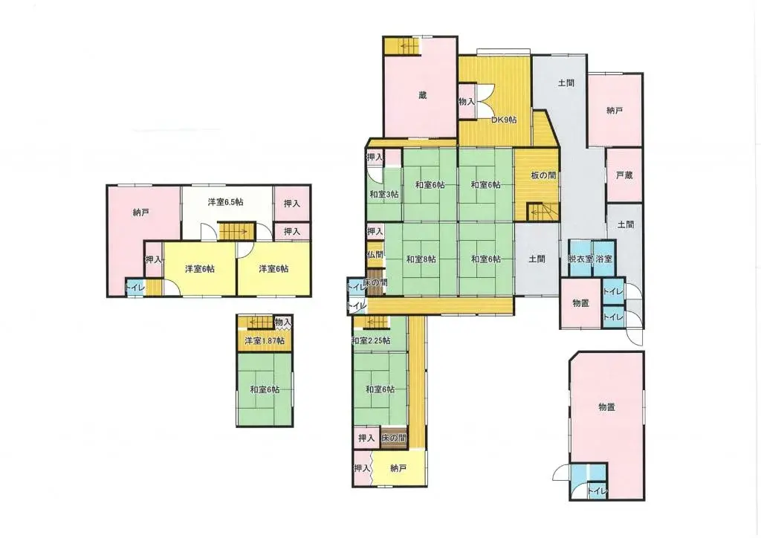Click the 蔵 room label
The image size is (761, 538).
pyautogui.click(x=422, y=95)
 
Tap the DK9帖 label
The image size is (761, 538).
pyautogui.click(x=504, y=120)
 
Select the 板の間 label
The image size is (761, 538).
pyautogui.click(x=542, y=175)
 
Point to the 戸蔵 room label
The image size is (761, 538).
pyautogui.click(x=624, y=175)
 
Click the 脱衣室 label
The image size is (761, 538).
pyautogui.click(x=580, y=259)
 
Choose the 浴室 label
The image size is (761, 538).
pyautogui.click(x=604, y=259)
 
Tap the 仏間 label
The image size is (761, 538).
pyautogui.click(x=375, y=254)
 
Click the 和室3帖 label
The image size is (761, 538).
pyautogui.click(x=383, y=195)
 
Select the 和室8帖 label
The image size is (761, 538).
pyautogui.click(x=421, y=259)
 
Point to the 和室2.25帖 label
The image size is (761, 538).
pyautogui.click(x=371, y=341)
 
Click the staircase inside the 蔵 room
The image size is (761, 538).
pyautogui.click(x=402, y=46)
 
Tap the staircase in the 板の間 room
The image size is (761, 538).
pyautogui.click(x=543, y=213)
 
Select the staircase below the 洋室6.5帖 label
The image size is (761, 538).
pyautogui.click(x=236, y=230)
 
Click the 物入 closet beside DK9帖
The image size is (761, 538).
pyautogui.click(x=467, y=101)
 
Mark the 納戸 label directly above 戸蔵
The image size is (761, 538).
pyautogui.click(x=614, y=111)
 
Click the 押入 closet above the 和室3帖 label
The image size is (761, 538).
pyautogui.click(x=375, y=158)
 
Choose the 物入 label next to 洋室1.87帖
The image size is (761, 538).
pyautogui.click(x=282, y=322)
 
